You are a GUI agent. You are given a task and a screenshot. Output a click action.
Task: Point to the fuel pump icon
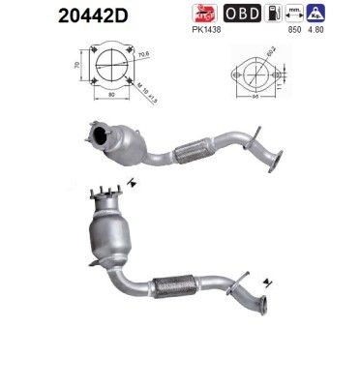click(277, 15)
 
